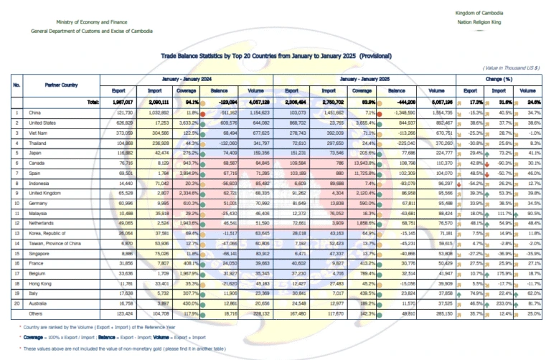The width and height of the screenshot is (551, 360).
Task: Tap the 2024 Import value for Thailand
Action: tap(157, 143)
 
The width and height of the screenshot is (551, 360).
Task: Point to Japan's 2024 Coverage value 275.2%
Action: tap(187, 153)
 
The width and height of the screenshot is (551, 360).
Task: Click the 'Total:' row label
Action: tap(92, 103)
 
